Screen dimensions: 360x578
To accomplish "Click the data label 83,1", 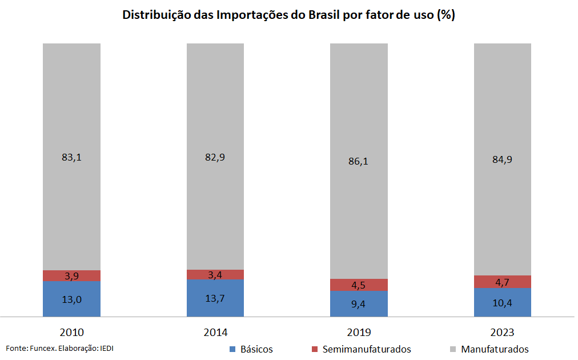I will [71, 158].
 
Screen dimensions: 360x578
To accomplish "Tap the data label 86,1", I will [358, 161].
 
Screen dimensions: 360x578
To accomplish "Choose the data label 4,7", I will [502, 282].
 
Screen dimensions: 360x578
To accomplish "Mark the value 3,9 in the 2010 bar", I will [71, 276].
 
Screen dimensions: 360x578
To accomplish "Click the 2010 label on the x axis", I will [71, 333].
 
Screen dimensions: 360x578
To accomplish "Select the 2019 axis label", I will [358, 333].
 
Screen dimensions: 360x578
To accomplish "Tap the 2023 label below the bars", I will [502, 333].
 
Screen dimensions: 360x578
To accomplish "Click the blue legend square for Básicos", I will [232, 349].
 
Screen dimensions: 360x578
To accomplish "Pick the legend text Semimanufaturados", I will [366, 349].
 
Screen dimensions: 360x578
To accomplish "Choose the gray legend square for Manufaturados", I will [453, 349].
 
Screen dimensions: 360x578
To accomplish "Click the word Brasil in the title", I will [324, 15].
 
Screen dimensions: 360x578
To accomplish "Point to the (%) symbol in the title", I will [445, 15].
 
